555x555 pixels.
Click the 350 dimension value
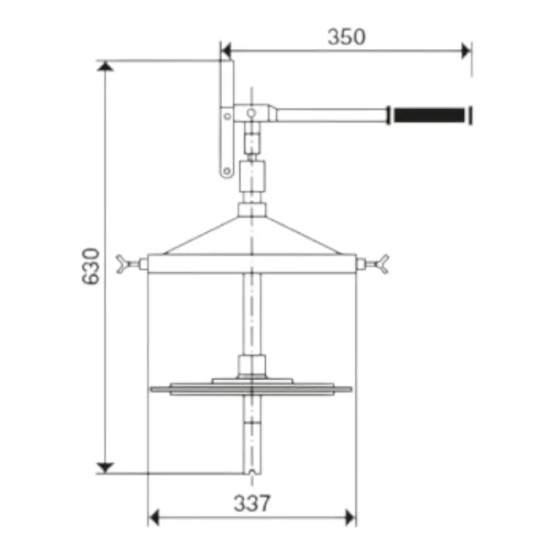pos(346,37)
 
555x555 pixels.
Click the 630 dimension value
pos(90,266)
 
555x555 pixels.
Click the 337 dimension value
pos(252,503)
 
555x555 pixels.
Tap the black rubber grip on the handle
pos(429,115)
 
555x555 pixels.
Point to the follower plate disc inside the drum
pos(251,389)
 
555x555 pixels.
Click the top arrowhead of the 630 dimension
pos(105,65)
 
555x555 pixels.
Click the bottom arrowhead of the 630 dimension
pos(105,468)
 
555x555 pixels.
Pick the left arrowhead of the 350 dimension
pos(226,51)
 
